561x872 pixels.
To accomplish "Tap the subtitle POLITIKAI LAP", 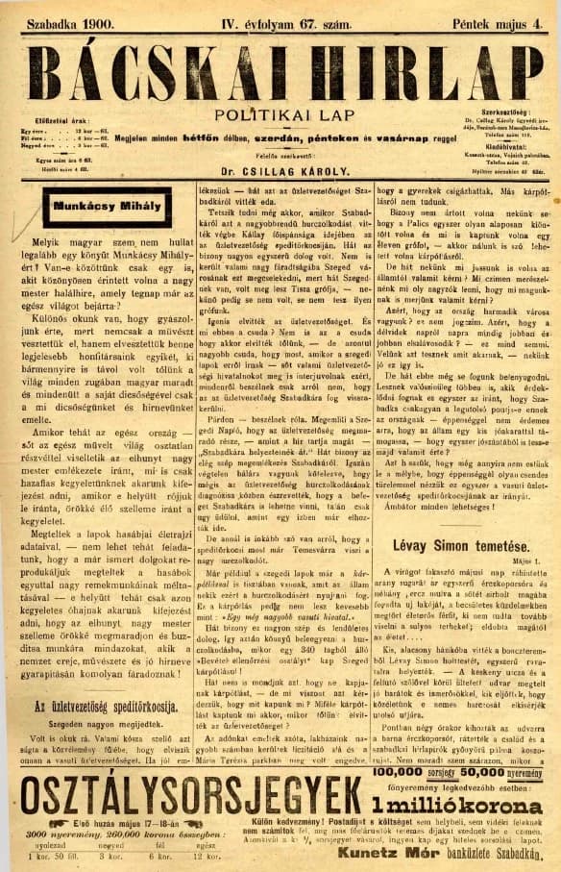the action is tap(280, 114).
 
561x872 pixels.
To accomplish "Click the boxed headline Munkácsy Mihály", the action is tap(91, 207).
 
